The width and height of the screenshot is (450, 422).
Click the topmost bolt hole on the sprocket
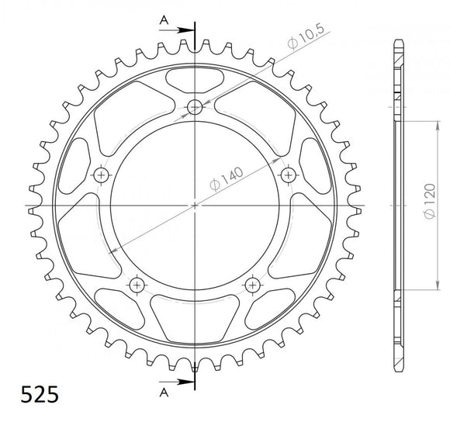(x=194, y=107)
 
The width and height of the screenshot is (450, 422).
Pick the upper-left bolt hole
(x=101, y=175)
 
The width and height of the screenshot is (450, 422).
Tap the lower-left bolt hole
(x=137, y=285)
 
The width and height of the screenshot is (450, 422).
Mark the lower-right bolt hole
(x=251, y=285)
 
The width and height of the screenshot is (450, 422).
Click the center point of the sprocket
(x=194, y=206)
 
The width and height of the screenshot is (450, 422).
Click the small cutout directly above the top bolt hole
(x=194, y=78)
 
